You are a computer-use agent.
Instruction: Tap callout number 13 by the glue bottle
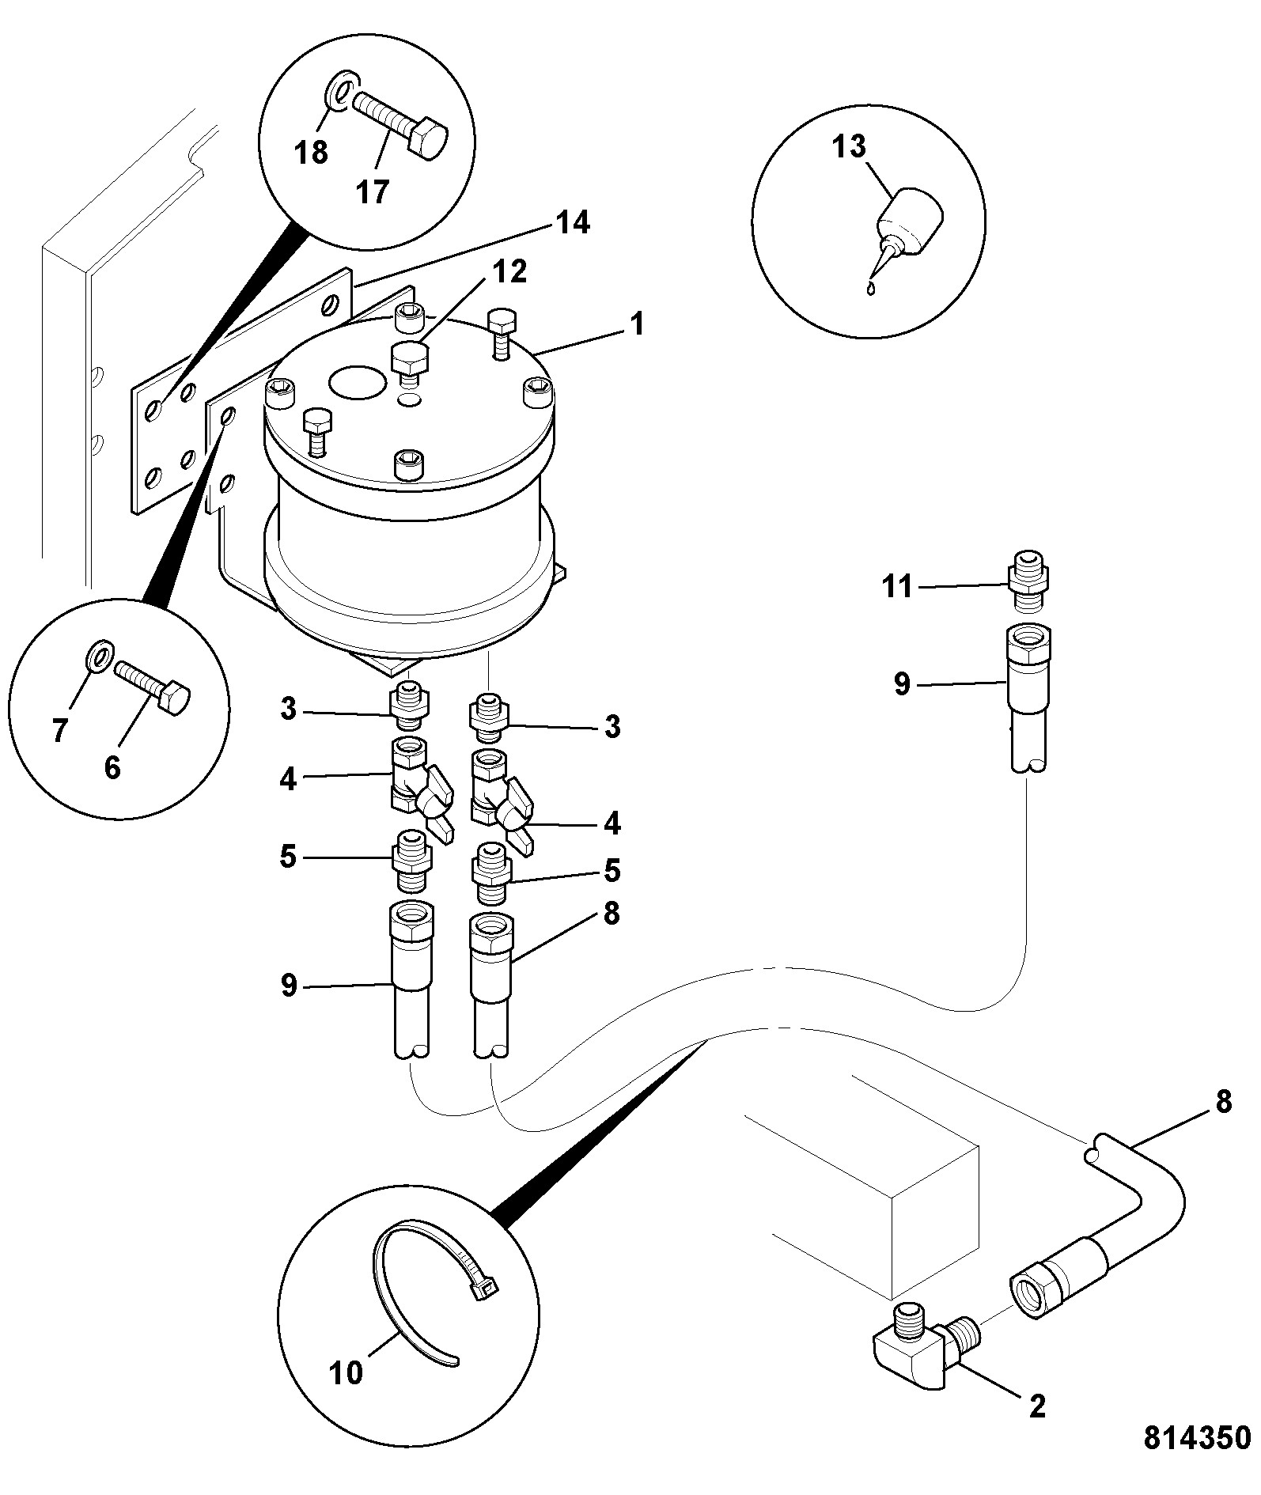tap(849, 146)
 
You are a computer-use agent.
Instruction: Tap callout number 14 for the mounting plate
tap(573, 223)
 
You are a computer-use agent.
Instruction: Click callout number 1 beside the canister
tap(636, 324)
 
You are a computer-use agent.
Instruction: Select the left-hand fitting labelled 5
tap(411, 861)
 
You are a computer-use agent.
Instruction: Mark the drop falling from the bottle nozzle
tap(871, 289)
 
